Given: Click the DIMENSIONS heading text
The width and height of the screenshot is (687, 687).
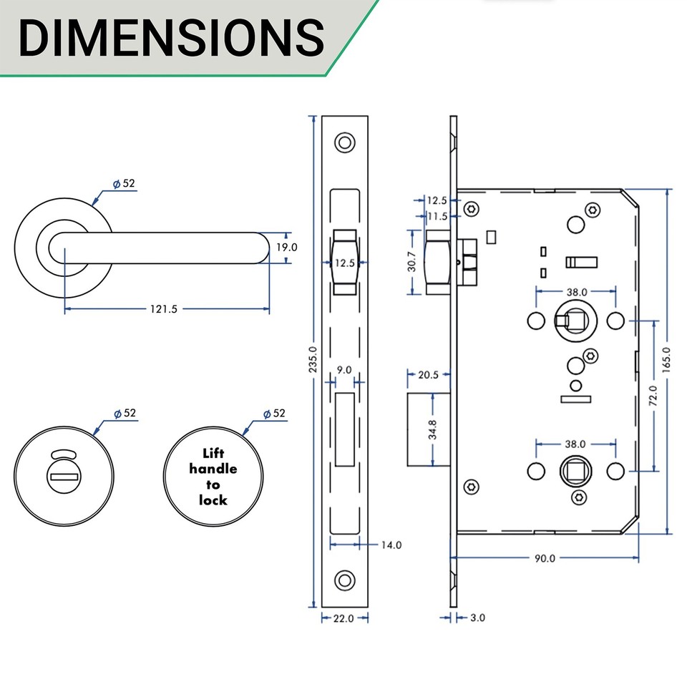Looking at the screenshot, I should [x=170, y=37].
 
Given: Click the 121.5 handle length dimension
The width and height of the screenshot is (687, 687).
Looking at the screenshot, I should [x=164, y=309].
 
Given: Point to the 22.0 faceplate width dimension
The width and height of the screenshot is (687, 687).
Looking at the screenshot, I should [x=343, y=618].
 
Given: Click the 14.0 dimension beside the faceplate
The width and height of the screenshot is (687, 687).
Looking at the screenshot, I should [x=391, y=545].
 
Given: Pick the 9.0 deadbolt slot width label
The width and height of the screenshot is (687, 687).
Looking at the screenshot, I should [x=343, y=370].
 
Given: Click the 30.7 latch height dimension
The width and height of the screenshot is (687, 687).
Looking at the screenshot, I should [x=412, y=262].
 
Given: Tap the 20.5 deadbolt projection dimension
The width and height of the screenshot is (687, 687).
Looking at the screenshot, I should [x=428, y=375].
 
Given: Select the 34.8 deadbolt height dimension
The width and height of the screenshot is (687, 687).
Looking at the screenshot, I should [x=432, y=429].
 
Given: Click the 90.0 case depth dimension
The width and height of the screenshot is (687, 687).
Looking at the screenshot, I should [x=544, y=558].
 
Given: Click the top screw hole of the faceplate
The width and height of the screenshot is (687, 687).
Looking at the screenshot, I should [x=346, y=142].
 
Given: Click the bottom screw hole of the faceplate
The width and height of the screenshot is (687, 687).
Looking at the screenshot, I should [x=346, y=579].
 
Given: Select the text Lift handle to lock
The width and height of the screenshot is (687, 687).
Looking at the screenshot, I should [x=214, y=477].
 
